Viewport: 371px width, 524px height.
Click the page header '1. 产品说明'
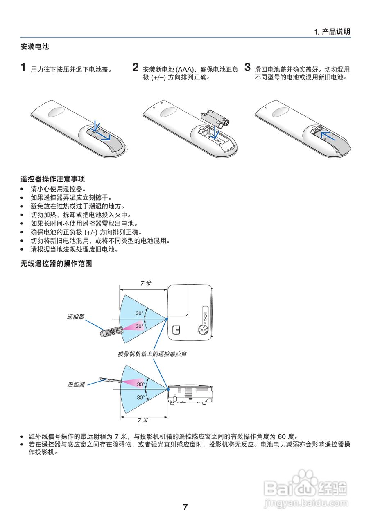point(332,32)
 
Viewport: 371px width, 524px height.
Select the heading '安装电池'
point(35,47)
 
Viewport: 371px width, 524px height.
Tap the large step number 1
point(24,67)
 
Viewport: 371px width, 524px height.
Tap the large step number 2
point(136,67)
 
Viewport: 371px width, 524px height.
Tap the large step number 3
point(247,67)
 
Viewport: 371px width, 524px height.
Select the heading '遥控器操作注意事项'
point(53,179)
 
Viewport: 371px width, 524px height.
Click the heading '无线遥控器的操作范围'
point(56,264)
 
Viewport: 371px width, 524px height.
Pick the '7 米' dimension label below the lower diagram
point(143,420)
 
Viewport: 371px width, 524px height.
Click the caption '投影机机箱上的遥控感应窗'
point(152,353)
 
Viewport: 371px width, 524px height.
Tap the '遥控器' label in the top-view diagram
point(76,316)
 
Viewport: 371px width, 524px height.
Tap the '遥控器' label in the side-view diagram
point(76,384)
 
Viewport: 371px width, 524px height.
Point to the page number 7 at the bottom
point(185,507)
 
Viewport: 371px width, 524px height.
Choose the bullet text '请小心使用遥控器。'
point(58,189)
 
